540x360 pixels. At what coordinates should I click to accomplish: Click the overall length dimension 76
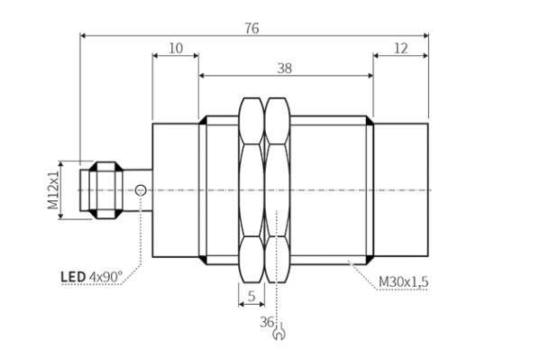coord(252,28)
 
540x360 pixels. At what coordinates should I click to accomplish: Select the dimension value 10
coord(176,49)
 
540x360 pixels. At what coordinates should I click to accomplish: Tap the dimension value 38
coord(285,69)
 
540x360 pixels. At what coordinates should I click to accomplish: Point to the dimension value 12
coord(400,49)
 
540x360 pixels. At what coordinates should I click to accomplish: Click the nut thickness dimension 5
coord(252,296)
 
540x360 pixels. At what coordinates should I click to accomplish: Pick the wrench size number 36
coord(267,322)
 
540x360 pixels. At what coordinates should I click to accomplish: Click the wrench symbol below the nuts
coord(279,331)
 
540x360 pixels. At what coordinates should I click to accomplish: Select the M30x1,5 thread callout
coord(403,282)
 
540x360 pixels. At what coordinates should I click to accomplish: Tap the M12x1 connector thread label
coord(53,190)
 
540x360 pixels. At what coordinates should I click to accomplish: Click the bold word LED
coord(73,277)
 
